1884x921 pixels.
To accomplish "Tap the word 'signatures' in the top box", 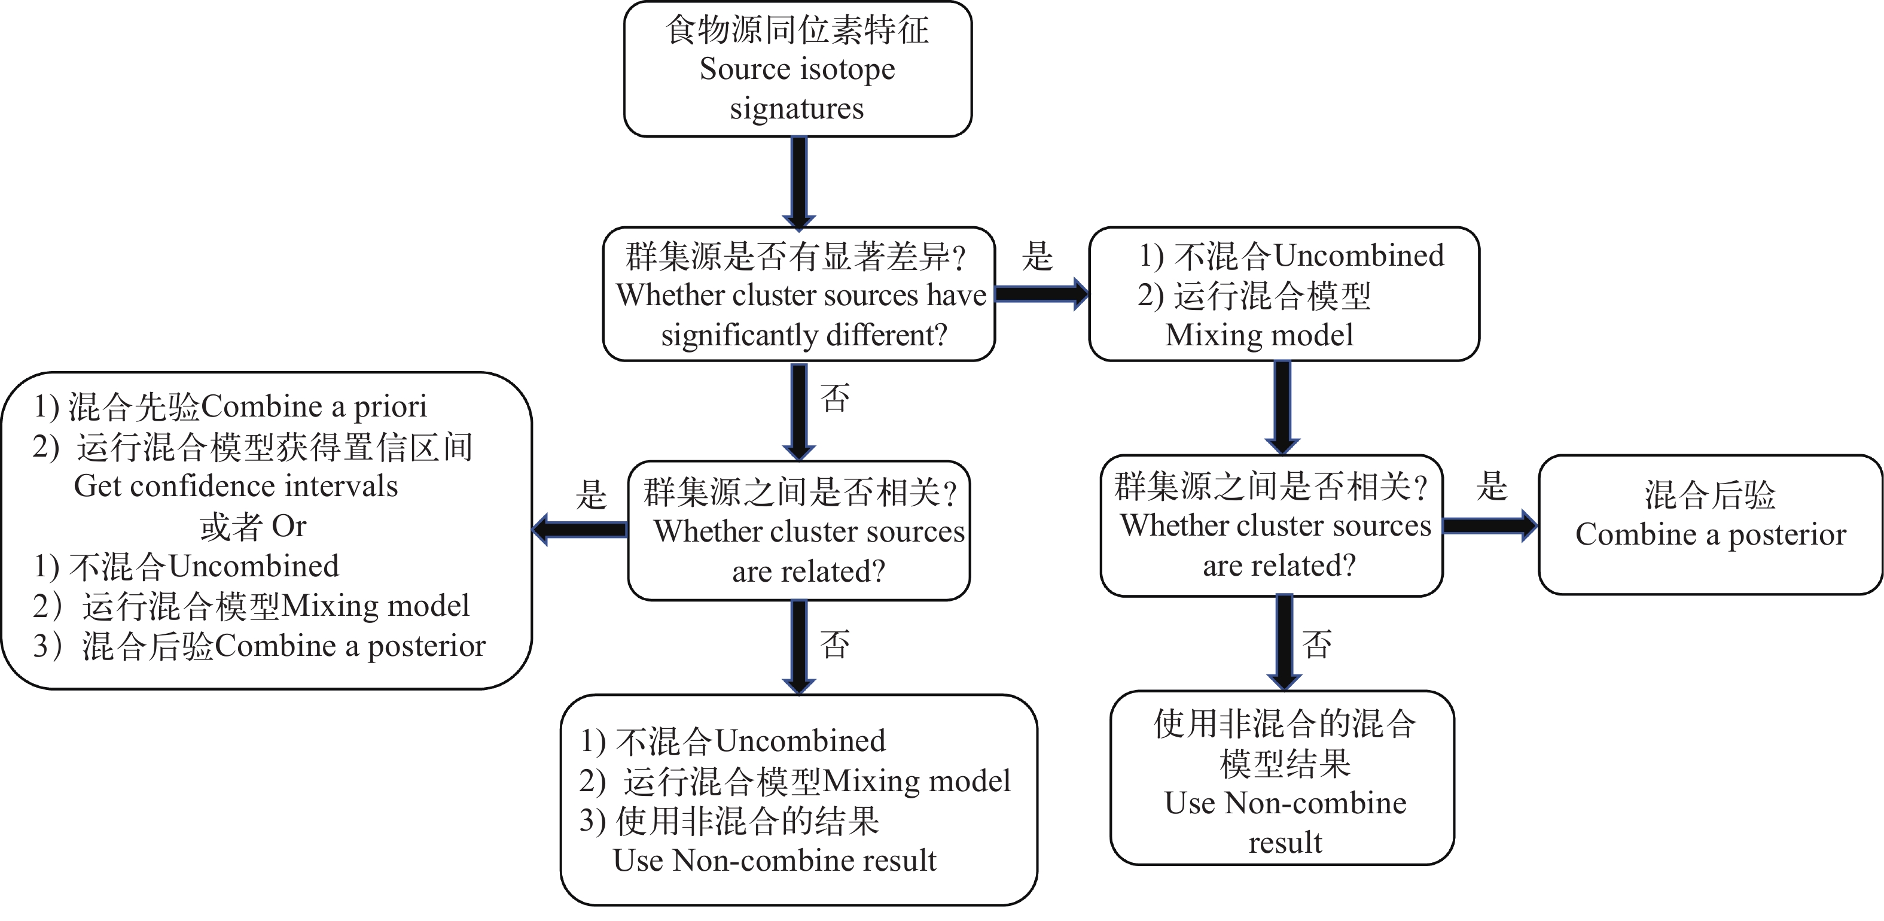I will (797, 109).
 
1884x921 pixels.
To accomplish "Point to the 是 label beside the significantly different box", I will (1037, 257).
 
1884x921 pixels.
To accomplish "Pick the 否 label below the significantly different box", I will (834, 399).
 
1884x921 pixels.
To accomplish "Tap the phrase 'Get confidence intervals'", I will (236, 487).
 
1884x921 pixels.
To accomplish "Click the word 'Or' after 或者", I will (289, 527).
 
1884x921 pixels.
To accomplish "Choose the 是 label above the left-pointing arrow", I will (591, 494).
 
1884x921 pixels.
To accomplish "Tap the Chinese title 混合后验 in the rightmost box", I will (1710, 496).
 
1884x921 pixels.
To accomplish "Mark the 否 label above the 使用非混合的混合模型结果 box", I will (1316, 645).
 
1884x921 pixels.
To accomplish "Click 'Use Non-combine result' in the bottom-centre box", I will (775, 861).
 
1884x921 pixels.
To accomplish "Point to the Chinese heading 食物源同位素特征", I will (797, 31).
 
